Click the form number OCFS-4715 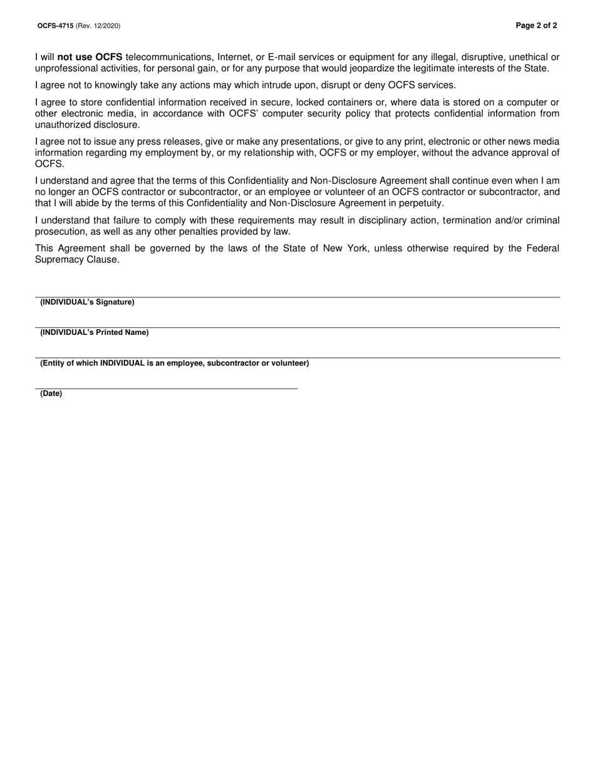tap(55, 26)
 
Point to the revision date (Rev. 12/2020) tap(98, 26)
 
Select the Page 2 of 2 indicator tap(536, 26)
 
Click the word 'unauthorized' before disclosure tap(63, 125)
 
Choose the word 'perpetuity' tap(421, 203)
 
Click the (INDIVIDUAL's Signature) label tap(87, 302)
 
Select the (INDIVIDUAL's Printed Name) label tap(95, 332)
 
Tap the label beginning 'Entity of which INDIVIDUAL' tap(174, 363)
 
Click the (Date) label tap(51, 394)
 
